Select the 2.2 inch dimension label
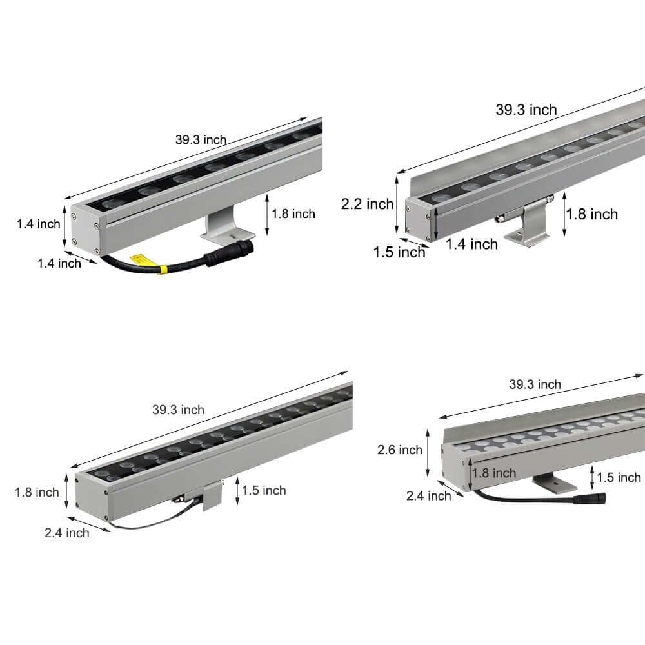pyautogui.click(x=367, y=204)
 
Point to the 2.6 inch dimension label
pyautogui.click(x=400, y=450)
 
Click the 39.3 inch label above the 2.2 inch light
pyautogui.click(x=526, y=110)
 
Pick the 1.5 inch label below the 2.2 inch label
pyautogui.click(x=399, y=252)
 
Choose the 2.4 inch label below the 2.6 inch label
pyautogui.click(x=428, y=495)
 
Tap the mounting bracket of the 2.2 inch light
pyautogui.click(x=526, y=226)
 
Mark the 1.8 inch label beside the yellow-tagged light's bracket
pyautogui.click(x=293, y=213)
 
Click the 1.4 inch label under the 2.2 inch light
pyautogui.click(x=471, y=244)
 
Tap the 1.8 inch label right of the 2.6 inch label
pyautogui.click(x=494, y=473)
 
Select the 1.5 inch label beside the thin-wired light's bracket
pyautogui.click(x=264, y=490)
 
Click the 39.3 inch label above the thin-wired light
pyautogui.click(x=178, y=410)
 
